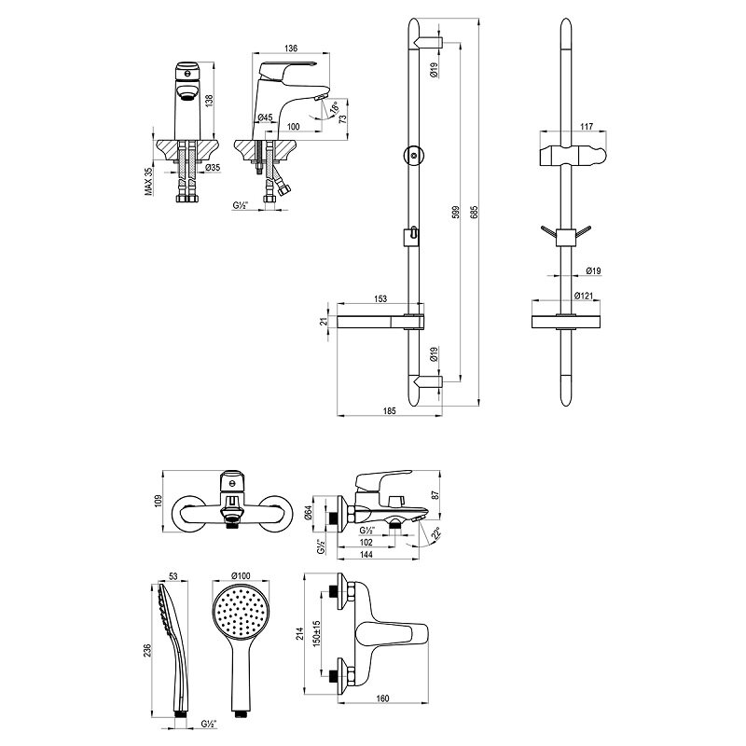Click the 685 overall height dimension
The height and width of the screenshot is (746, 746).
pyautogui.click(x=473, y=213)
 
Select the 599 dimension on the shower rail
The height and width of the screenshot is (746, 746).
pyautogui.click(x=454, y=213)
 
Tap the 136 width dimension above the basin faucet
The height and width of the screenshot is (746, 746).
pyautogui.click(x=291, y=48)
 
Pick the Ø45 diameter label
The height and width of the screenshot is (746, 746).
pyautogui.click(x=265, y=117)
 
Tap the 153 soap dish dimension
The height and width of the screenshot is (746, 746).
pyautogui.click(x=380, y=298)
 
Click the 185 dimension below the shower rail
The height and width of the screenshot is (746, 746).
pyautogui.click(x=389, y=411)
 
